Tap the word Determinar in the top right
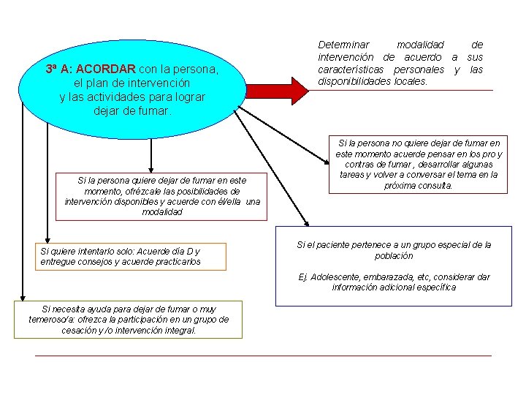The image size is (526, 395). pos(343,45)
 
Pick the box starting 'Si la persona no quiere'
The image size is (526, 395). pos(418,165)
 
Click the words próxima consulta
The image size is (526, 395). pos(419,185)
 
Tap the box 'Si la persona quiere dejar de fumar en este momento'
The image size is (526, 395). pos(162,195)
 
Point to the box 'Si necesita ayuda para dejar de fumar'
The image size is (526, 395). pos(129,320)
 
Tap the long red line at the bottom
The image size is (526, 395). pos(263,355)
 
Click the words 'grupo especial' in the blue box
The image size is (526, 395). pos(443,245)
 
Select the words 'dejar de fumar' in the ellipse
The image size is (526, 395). pos(132,111)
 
